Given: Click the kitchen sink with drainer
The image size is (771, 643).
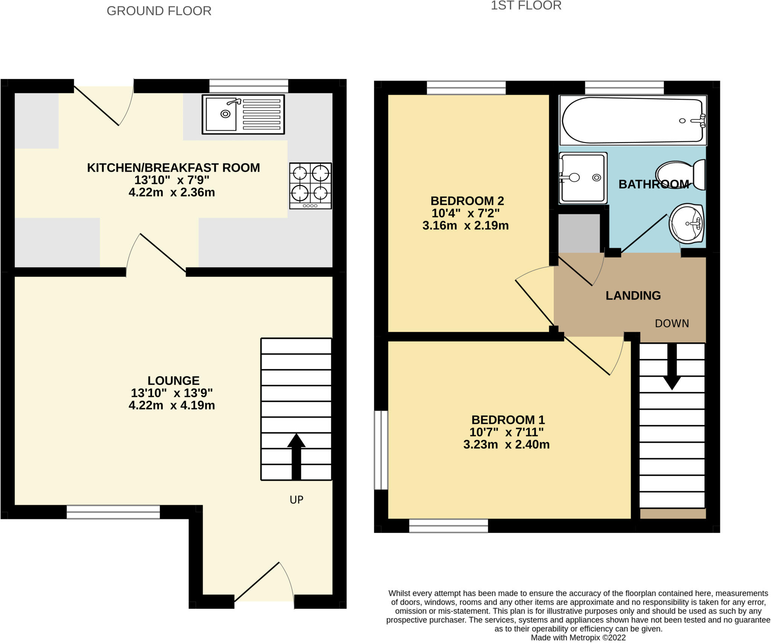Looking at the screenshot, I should pyautogui.click(x=243, y=114).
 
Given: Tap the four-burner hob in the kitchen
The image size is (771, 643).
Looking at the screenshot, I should pyautogui.click(x=310, y=185).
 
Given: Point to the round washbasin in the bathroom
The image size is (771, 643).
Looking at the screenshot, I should pyautogui.click(x=686, y=223).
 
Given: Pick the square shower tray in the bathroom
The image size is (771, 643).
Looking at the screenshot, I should pyautogui.click(x=583, y=178).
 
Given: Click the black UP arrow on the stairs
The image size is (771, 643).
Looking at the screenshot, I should pyautogui.click(x=296, y=456).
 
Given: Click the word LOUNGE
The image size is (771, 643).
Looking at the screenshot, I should pyautogui.click(x=173, y=380).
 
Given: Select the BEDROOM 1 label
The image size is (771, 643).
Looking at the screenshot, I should pyautogui.click(x=508, y=420).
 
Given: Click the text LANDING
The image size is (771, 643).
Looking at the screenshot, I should pyautogui.click(x=633, y=295).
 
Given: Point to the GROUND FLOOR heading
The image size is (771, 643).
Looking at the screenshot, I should pyautogui.click(x=159, y=11).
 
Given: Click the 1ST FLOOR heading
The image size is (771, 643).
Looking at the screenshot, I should pyautogui.click(x=526, y=6).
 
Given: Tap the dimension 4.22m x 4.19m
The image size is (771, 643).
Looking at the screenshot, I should pyautogui.click(x=172, y=405).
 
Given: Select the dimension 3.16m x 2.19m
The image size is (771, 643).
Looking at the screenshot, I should pyautogui.click(x=465, y=225).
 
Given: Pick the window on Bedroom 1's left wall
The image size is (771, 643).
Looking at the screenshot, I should pyautogui.click(x=381, y=450).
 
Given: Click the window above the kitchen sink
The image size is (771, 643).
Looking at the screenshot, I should pyautogui.click(x=248, y=86).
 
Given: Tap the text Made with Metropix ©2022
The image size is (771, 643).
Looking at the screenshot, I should pyautogui.click(x=578, y=638).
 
